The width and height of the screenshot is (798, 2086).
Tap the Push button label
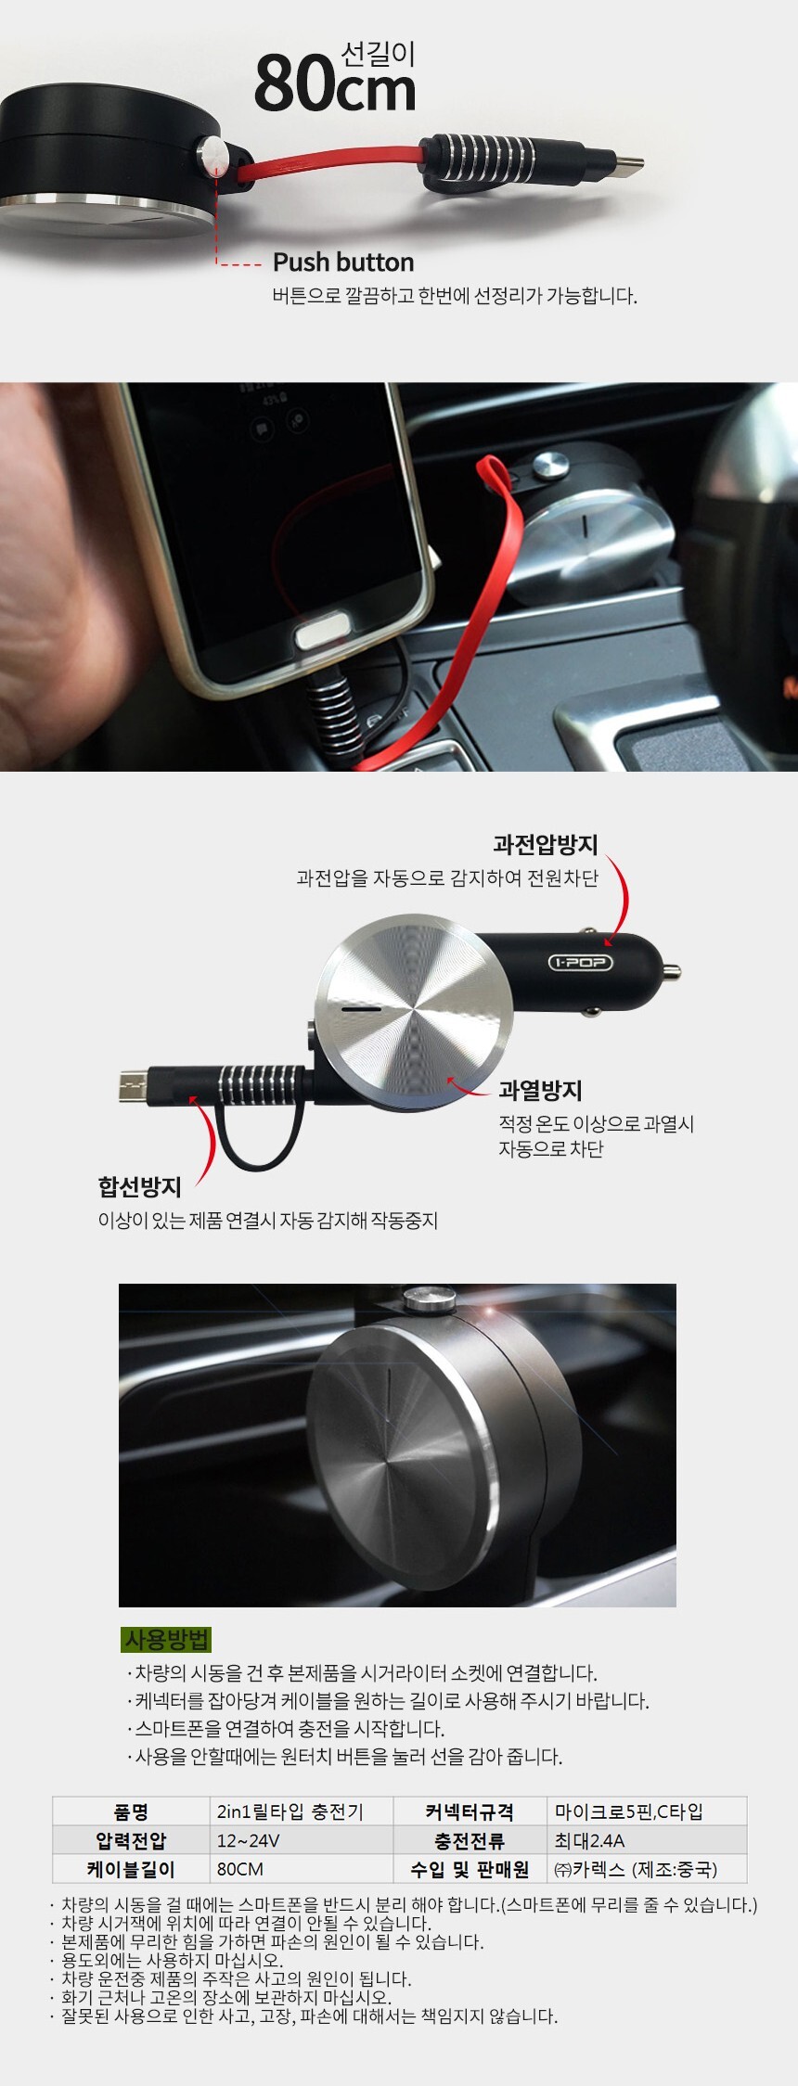point(343,262)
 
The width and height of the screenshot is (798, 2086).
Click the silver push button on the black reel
point(214,154)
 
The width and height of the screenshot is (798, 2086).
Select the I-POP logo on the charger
point(580,962)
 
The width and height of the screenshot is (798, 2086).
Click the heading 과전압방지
point(546,844)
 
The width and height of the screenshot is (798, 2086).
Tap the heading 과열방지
point(540,1090)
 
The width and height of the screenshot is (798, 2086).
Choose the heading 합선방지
point(140,1186)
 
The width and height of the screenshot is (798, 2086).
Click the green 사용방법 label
point(167,1639)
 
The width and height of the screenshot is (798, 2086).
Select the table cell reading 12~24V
point(248,1840)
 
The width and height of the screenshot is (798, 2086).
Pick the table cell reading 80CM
point(240,1869)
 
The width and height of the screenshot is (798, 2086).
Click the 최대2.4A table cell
point(590,1840)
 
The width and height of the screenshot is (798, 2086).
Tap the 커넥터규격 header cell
point(470,1811)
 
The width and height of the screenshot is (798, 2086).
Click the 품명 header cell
point(131,1811)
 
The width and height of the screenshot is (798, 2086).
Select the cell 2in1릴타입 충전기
point(290,1811)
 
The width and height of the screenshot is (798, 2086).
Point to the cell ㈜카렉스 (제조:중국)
point(636,1869)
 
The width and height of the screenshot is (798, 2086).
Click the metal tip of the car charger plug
point(673,972)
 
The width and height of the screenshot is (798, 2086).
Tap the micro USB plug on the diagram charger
point(135,1086)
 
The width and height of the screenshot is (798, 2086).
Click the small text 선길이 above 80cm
point(378,55)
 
